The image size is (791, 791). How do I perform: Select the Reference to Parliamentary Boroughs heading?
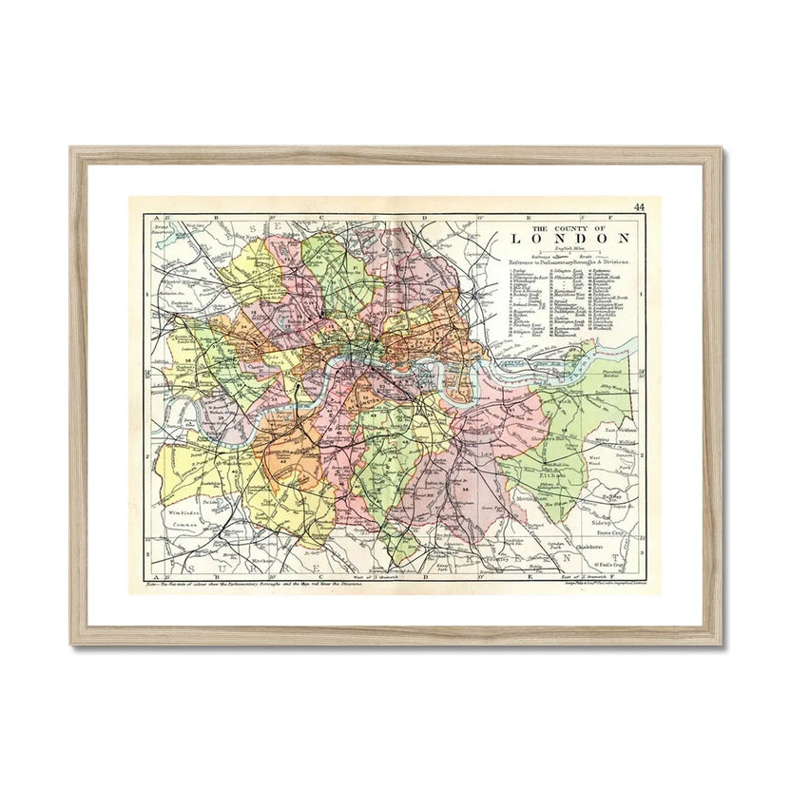coord(565,261)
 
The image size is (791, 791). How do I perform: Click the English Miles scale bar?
coord(568,250)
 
